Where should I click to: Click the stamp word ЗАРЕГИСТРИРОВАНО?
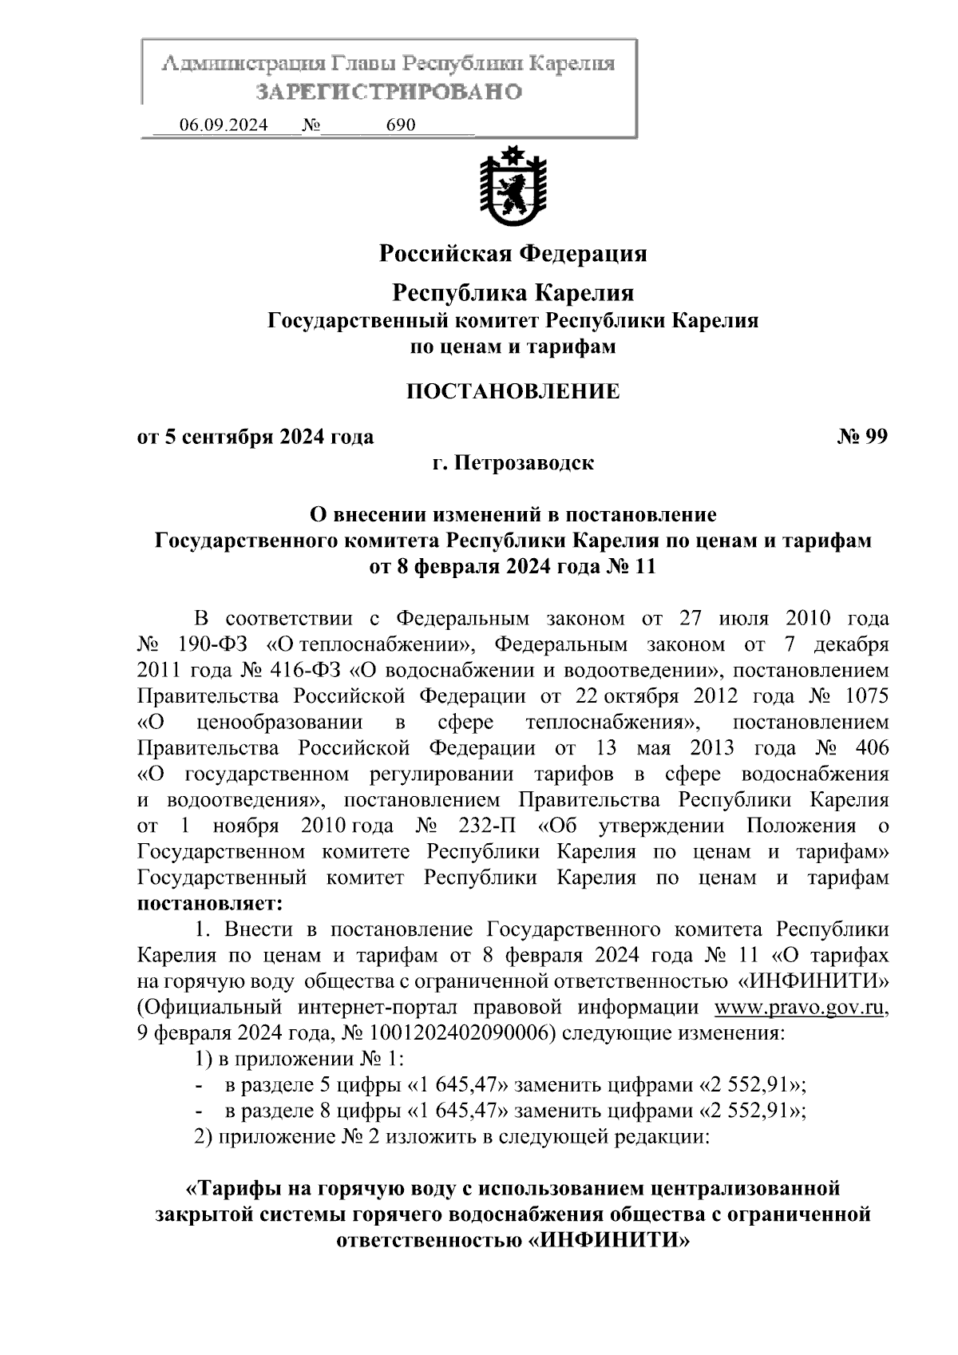click(x=388, y=92)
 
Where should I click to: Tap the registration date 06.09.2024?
click(x=224, y=125)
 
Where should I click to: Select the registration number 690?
click(x=401, y=125)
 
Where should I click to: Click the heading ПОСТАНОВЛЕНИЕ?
click(x=513, y=392)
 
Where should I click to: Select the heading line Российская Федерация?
click(x=513, y=254)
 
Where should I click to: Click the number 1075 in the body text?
click(x=865, y=696)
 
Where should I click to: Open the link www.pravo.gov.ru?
click(x=800, y=1008)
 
